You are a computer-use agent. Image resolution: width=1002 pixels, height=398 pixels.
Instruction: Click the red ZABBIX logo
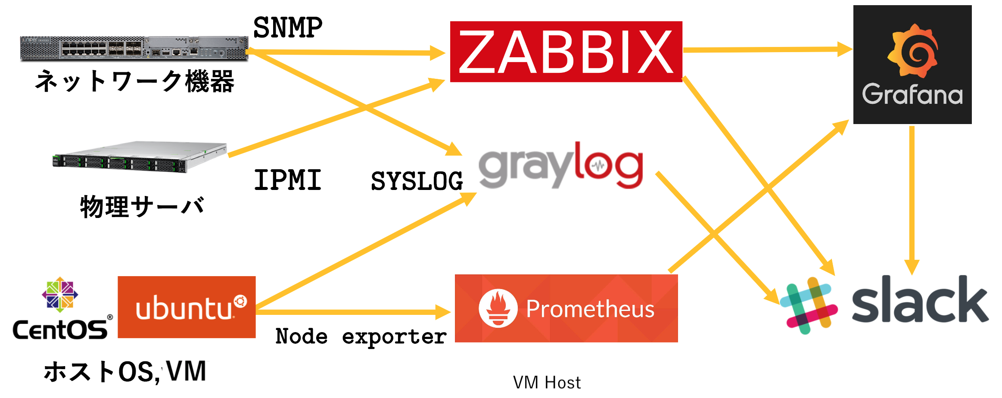click(566, 52)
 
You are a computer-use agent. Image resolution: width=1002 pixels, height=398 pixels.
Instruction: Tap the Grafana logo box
click(912, 65)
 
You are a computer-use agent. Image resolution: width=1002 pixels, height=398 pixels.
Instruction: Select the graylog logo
click(560, 166)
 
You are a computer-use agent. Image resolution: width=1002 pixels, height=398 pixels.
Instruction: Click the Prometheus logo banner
click(566, 308)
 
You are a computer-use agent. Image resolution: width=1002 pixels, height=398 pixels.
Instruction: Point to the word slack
click(920, 301)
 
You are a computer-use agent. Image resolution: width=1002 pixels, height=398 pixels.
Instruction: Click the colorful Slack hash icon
click(809, 305)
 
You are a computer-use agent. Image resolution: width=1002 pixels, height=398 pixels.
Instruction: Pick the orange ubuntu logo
click(187, 307)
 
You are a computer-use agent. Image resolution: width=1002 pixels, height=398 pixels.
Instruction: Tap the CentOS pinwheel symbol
click(60, 295)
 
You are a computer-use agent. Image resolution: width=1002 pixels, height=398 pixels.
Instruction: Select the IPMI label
click(288, 180)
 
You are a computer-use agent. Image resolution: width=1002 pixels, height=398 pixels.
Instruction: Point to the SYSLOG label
click(417, 181)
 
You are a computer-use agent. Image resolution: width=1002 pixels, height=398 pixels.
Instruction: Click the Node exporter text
click(361, 336)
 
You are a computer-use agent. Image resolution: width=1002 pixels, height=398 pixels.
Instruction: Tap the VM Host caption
click(547, 382)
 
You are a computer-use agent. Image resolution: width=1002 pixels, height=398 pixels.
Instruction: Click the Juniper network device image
click(134, 48)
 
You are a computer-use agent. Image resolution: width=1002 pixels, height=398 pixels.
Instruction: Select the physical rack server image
click(140, 157)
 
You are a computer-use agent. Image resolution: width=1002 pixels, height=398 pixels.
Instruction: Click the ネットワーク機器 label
click(134, 81)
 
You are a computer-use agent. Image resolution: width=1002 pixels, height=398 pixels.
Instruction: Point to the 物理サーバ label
click(142, 207)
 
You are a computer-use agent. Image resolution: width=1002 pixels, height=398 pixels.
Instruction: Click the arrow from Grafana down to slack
click(912, 198)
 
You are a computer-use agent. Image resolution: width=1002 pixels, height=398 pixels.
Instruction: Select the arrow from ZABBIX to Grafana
click(767, 50)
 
